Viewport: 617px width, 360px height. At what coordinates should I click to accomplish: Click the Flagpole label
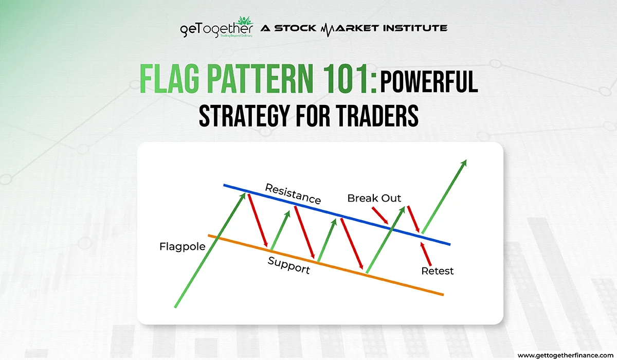pos(183,247)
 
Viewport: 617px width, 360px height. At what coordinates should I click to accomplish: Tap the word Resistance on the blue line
pos(293,194)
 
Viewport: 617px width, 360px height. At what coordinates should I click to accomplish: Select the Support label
pos(288,265)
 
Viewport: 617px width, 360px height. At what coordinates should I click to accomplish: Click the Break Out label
pos(374,198)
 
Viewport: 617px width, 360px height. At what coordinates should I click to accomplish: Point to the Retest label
pos(438,271)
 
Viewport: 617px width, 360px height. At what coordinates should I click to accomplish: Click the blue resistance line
pos(337,214)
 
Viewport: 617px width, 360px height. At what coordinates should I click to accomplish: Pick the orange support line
pos(326,265)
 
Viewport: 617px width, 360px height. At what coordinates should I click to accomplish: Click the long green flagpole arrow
pos(210,250)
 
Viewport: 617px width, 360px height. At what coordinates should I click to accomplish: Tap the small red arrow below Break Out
pos(380,215)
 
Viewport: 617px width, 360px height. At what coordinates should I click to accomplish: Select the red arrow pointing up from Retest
pos(426,254)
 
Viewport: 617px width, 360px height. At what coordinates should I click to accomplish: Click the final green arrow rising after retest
pos(444,196)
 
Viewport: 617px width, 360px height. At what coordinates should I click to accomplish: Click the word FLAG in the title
pos(169,79)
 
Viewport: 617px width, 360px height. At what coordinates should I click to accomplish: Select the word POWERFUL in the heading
pos(429,82)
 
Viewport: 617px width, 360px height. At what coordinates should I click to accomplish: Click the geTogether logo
pos(216,27)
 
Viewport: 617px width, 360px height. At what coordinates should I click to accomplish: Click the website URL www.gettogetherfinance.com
pos(566,355)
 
